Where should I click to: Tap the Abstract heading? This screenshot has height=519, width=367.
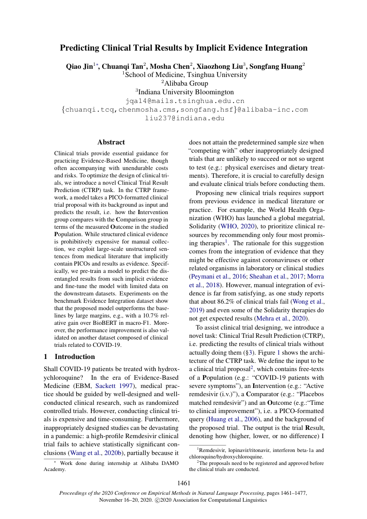point(111,142)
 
